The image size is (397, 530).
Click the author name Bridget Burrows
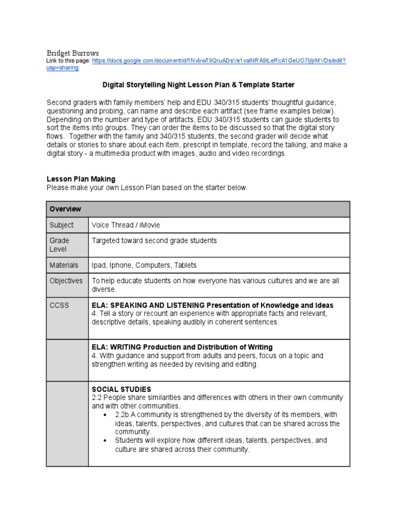click(x=72, y=53)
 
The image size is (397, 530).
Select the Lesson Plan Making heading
click(x=81, y=179)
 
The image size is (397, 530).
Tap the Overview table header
click(x=65, y=209)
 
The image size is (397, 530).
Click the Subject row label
click(x=62, y=225)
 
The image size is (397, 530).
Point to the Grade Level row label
click(x=59, y=245)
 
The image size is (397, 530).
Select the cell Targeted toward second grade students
click(x=154, y=241)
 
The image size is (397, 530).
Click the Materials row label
click(x=64, y=265)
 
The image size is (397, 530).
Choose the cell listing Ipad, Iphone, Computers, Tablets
click(x=144, y=265)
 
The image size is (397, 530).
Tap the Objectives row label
click(x=66, y=281)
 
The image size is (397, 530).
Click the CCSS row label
click(x=58, y=305)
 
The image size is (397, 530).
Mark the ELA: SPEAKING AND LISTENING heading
click(x=212, y=305)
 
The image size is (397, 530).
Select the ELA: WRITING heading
click(x=182, y=347)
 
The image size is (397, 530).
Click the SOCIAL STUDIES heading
click(x=121, y=389)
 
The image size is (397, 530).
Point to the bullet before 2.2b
click(x=105, y=415)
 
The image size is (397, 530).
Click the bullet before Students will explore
click(x=105, y=440)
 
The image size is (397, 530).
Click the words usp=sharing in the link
click(x=63, y=68)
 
